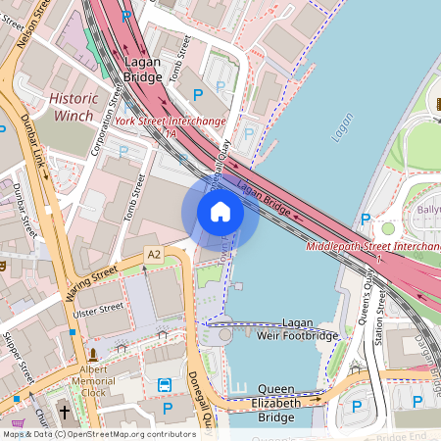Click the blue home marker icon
(x=220, y=211)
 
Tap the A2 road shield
(x=153, y=254)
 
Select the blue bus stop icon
(x=166, y=385)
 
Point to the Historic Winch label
(x=73, y=107)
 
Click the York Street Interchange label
(x=171, y=122)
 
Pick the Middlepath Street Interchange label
(x=372, y=245)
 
